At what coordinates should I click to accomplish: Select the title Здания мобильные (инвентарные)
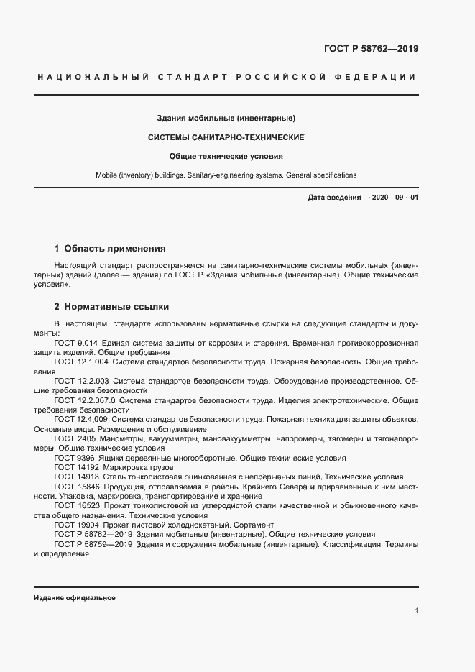pos(226,118)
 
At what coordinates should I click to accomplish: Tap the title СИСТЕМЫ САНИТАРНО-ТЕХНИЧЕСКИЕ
pos(226,137)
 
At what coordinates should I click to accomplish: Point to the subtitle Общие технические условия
pos(226,156)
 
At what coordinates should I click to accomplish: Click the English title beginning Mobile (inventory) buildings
pos(226,175)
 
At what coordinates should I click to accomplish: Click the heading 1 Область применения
pos(110,249)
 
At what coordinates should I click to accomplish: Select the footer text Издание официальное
pos(74,598)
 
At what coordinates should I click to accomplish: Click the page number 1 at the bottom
pos(416,610)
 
